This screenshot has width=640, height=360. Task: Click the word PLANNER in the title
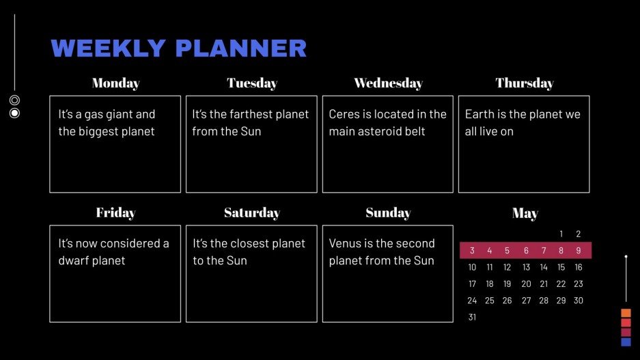tap(240, 49)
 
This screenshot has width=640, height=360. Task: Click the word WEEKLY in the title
tap(109, 49)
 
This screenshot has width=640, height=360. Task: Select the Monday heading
tap(115, 83)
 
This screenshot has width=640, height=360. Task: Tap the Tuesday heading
tap(252, 83)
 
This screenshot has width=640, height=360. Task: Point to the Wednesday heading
tap(388, 83)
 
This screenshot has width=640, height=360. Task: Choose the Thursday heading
tap(525, 83)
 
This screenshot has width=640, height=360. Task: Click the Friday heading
tap(115, 213)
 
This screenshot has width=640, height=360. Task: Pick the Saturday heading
tap(252, 213)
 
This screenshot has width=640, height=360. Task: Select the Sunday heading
tap(388, 213)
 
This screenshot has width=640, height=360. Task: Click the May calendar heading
tap(525, 214)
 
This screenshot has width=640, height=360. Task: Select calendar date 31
tap(472, 317)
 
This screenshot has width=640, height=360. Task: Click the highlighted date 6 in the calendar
tap(526, 251)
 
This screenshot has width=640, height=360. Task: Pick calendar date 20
tap(526, 284)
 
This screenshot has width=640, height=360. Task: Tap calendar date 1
tap(561, 234)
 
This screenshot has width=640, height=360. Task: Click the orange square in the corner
tap(626, 313)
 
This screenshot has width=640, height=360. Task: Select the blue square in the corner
tap(626, 342)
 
